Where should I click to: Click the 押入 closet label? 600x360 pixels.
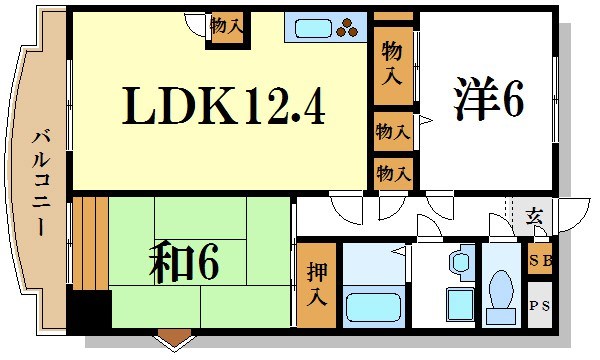[316, 285]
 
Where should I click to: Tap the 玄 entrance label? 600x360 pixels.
[535, 216]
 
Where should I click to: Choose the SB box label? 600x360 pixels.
[539, 261]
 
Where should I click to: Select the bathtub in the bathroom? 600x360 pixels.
[372, 307]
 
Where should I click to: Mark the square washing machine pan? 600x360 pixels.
[460, 303]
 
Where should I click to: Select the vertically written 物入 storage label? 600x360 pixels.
[393, 62]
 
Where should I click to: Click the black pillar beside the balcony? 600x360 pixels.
[88, 311]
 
